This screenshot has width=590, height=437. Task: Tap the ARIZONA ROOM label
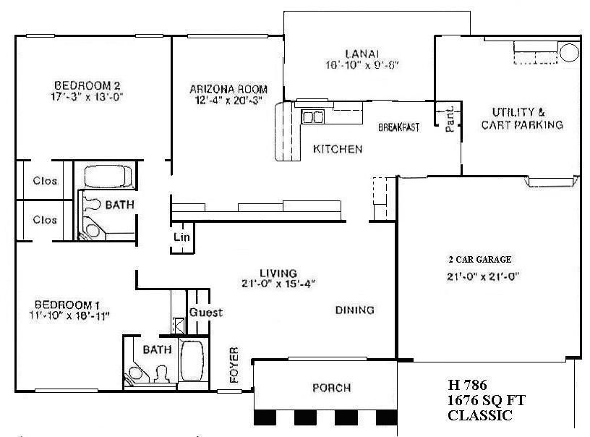(220, 90)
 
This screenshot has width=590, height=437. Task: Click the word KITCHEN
(337, 150)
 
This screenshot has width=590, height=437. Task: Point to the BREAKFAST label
(399, 128)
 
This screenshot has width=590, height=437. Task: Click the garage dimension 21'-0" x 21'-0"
(484, 276)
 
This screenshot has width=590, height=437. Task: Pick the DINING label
(354, 310)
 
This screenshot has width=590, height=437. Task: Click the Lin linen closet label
(181, 237)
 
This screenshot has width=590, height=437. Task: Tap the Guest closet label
(205, 313)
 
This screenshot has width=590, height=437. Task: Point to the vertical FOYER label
(234, 366)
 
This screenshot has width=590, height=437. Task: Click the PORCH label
(331, 388)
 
